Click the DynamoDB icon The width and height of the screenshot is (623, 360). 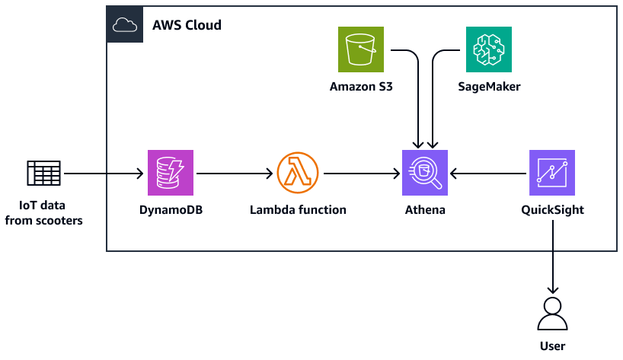pos(171,173)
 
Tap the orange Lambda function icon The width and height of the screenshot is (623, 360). pos(298,173)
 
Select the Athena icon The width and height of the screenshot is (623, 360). pos(425,173)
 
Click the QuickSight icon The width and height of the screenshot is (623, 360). pos(552,173)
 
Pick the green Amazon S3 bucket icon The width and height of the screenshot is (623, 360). pos(361,49)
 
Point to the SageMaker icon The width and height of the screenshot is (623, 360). pos(489,49)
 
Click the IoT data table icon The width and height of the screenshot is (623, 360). pos(43,173)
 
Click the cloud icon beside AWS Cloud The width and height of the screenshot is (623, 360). pos(124,25)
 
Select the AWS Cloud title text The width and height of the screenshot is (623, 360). pos(187,25)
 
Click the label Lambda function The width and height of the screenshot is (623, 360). pos(298,210)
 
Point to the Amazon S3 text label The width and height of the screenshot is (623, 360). pos(361,87)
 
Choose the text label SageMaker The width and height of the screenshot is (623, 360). pos(489,87)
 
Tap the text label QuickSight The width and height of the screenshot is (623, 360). pos(552,210)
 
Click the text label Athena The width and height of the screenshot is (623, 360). pos(425,210)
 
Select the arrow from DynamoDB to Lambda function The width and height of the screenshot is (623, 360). pos(234,174)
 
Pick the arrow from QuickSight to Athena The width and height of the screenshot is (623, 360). pos(489,174)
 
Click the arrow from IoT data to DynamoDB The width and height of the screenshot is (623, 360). pos(105,174)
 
